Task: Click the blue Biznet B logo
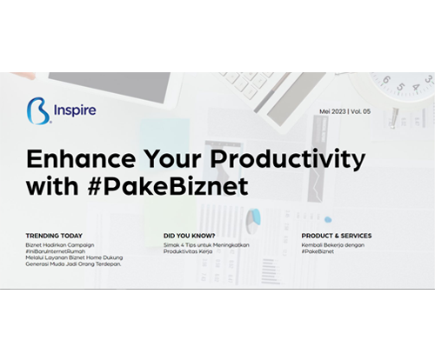39,111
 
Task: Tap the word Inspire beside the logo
75,110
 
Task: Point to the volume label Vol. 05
361,111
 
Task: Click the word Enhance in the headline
81,159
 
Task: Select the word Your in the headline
173,159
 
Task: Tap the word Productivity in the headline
288,159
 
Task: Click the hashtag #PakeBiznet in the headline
168,186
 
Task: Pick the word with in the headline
52,185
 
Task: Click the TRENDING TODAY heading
54,236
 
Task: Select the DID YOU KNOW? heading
190,236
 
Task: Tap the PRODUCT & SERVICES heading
337,236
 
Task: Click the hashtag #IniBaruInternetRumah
56,251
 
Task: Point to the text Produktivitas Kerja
188,251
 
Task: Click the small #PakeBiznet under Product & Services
318,251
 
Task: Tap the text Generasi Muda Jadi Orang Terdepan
73,264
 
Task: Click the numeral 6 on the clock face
385,79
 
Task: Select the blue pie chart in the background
253,221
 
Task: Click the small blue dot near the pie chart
328,220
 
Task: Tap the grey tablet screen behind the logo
109,86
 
